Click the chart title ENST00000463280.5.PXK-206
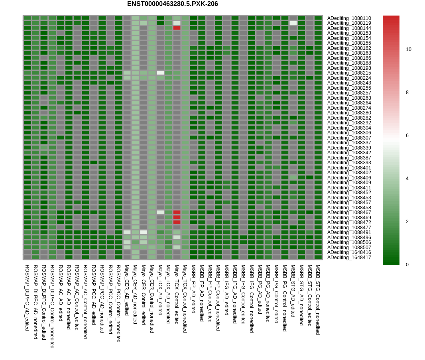(172, 4)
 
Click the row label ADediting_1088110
(349, 18)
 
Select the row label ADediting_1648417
(349, 258)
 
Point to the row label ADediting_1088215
(349, 73)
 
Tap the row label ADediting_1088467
(349, 212)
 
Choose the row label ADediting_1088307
(349, 138)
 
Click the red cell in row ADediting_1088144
(177, 28)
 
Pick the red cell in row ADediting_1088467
(177, 212)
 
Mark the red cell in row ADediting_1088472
(177, 222)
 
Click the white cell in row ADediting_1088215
(160, 73)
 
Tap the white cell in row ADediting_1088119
(293, 23)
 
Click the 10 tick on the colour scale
(408, 49)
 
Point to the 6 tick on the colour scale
(408, 136)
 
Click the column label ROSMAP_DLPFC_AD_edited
(27, 297)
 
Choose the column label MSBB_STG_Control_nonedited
(318, 299)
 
